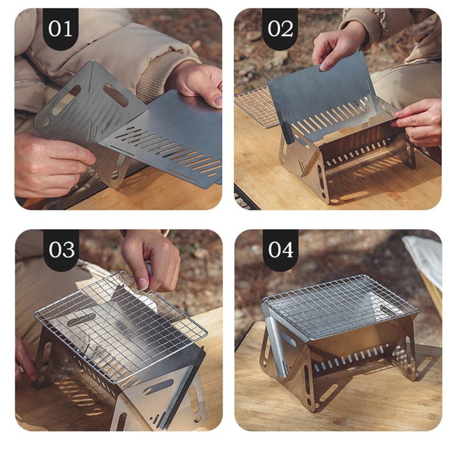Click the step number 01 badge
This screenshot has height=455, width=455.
pos(61,28)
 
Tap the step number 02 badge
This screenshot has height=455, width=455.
pos(280,28)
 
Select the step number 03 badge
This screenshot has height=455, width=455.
pos(61,249)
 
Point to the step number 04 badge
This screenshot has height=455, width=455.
pos(280,249)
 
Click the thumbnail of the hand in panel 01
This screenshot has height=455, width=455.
pos(218,101)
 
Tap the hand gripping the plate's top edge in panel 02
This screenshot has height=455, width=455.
pos(337,47)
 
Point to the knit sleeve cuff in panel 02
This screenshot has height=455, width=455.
pos(361,23)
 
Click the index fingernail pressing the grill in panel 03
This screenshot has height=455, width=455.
pos(142,283)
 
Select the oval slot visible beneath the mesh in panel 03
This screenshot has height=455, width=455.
pos(80,320)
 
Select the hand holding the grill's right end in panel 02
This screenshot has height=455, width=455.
pos(418,122)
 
